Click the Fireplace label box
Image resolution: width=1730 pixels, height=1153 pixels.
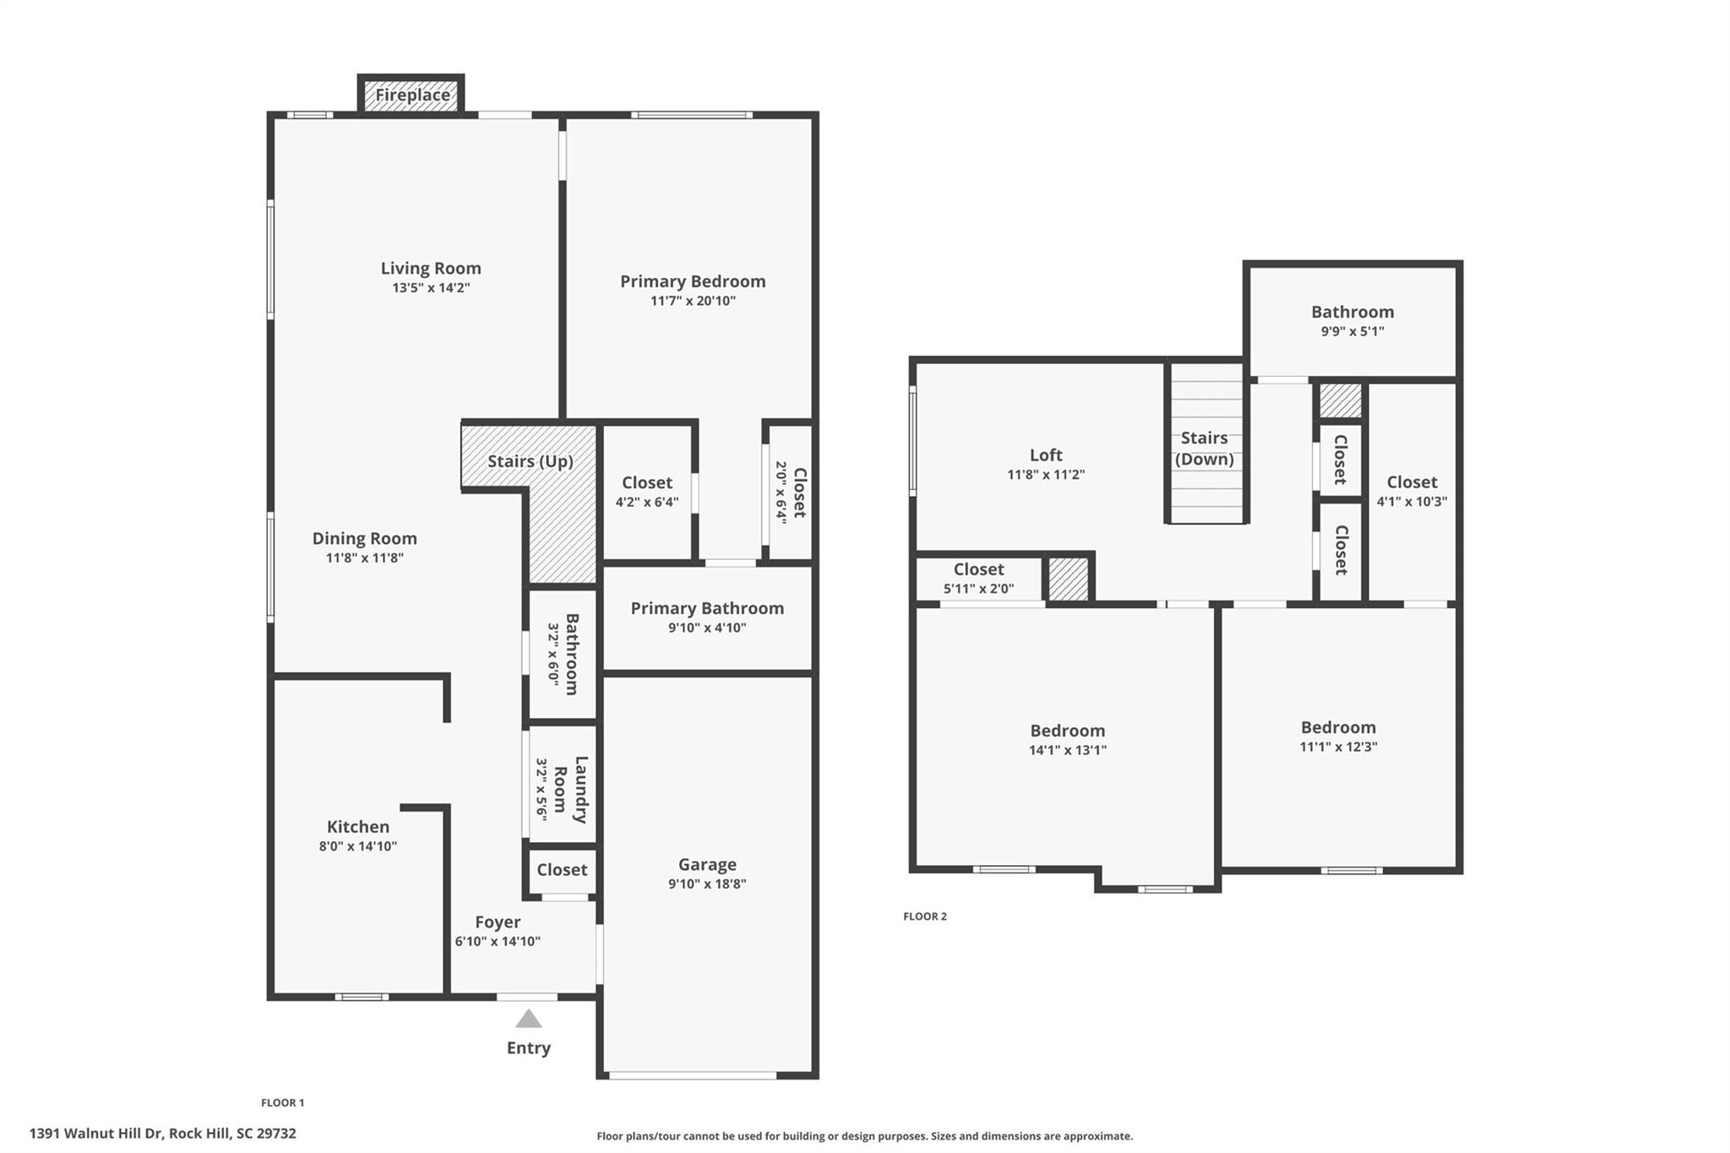[x=412, y=95]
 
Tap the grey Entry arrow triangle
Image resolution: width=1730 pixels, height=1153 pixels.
[x=529, y=1020]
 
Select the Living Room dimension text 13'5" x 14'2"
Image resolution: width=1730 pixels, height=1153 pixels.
[x=431, y=288]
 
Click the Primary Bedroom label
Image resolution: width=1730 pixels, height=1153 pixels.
[x=693, y=281]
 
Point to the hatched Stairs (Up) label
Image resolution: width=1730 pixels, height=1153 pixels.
[x=530, y=461]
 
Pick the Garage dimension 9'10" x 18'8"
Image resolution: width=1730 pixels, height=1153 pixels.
[x=707, y=884]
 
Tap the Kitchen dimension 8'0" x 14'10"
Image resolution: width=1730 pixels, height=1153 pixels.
[x=358, y=846]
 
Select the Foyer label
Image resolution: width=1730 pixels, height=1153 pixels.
[x=498, y=922]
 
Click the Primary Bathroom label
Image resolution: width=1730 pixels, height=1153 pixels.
[x=707, y=608]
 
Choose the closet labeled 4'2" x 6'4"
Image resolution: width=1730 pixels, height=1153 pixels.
[x=647, y=502]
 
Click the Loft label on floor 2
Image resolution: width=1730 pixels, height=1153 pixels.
[x=1046, y=455]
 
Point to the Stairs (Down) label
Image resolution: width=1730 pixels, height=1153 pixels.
[x=1205, y=449]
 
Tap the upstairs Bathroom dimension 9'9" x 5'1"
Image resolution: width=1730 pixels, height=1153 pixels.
[x=1352, y=332]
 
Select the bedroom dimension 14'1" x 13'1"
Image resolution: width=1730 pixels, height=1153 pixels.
[x=1068, y=750]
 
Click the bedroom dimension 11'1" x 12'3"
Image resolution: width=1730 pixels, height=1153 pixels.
[x=1338, y=747]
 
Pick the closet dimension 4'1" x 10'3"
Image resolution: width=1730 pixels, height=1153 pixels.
[x=1412, y=502]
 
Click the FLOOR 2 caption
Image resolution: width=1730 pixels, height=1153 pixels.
[x=925, y=916]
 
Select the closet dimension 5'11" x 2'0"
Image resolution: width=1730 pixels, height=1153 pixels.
[x=979, y=590]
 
